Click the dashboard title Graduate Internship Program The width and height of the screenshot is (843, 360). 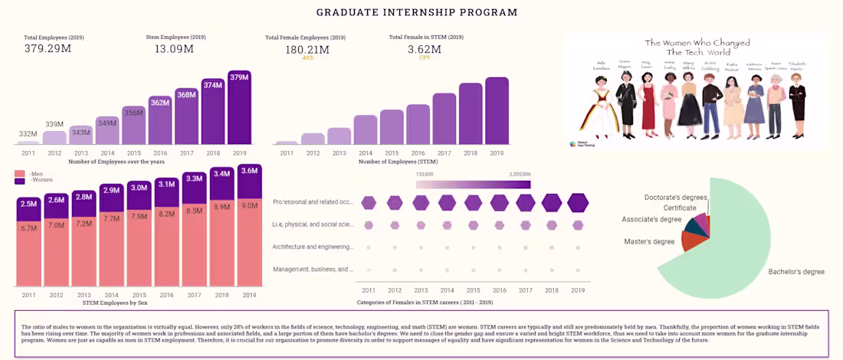(417, 12)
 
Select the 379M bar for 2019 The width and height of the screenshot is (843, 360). (239, 107)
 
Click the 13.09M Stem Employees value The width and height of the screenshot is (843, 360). (174, 49)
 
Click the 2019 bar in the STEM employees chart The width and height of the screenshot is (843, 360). (497, 111)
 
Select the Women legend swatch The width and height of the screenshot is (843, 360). (19, 181)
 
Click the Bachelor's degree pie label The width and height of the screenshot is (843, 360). (796, 272)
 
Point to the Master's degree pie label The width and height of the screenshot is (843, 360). (649, 242)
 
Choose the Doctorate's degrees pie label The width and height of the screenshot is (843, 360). (675, 198)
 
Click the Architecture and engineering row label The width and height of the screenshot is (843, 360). (313, 247)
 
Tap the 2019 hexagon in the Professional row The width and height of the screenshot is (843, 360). (578, 202)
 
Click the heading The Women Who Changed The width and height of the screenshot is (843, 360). (697, 43)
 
